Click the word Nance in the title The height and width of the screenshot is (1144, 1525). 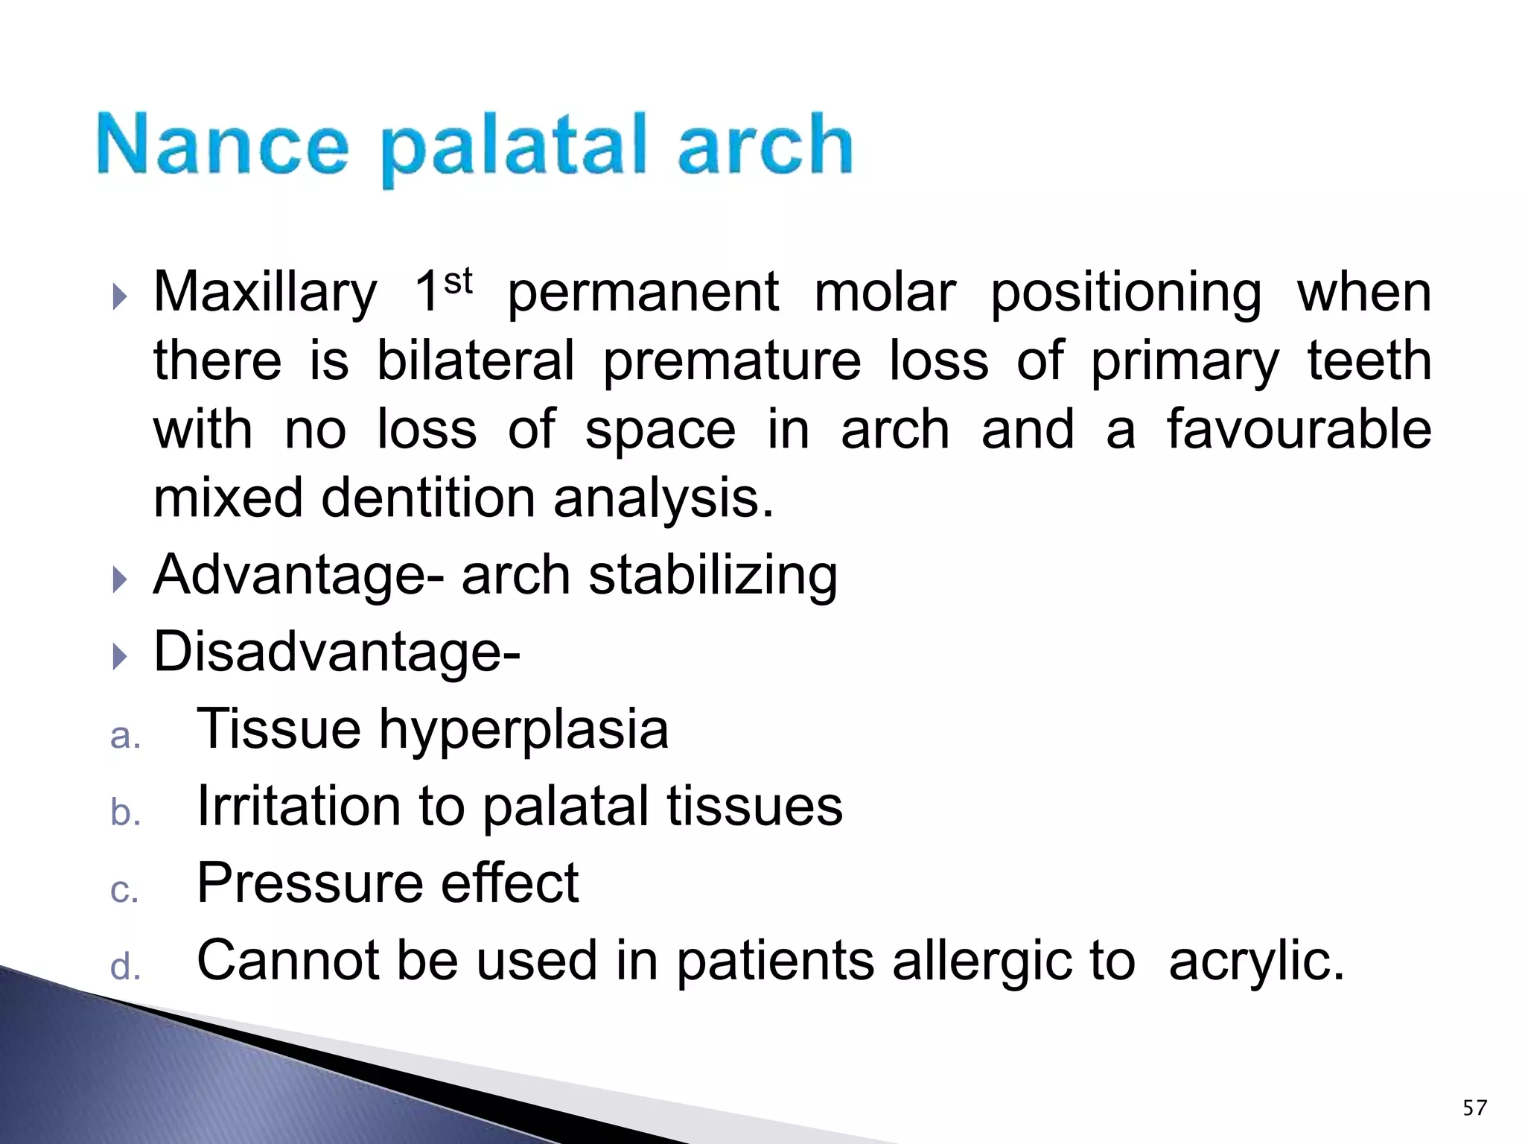[x=222, y=144]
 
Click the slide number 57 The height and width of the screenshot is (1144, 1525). [x=1474, y=1108]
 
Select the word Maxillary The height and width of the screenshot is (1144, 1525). [x=265, y=293]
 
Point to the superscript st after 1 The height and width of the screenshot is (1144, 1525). [x=458, y=282]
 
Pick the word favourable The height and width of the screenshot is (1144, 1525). [x=1298, y=430]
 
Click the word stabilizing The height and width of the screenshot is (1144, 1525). [x=713, y=576]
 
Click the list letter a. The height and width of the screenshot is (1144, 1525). [x=124, y=737]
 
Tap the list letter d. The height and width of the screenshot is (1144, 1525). [x=124, y=967]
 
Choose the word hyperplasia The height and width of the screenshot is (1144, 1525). [x=523, y=730]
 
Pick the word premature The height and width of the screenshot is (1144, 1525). [x=731, y=361]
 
